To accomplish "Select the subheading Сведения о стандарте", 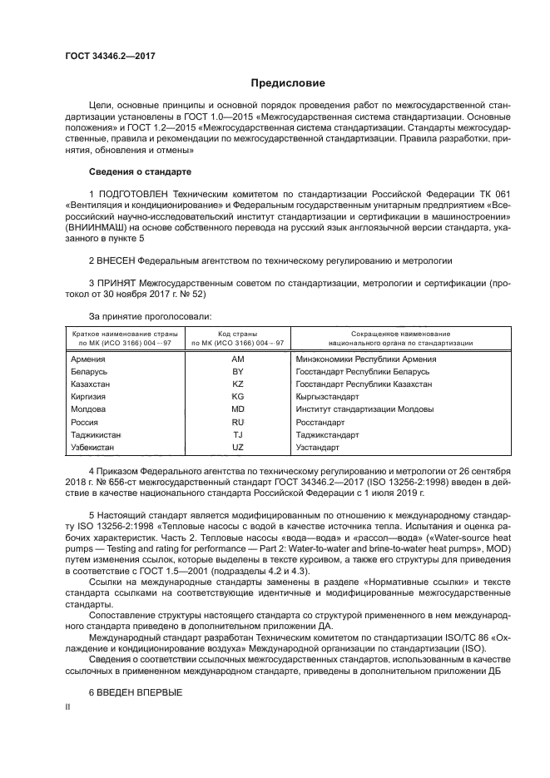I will [140, 171].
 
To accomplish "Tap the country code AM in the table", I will [237, 359].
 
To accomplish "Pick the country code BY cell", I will [237, 372].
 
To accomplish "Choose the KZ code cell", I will [237, 384].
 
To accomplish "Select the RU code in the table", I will [237, 422].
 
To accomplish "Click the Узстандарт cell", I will [317, 447].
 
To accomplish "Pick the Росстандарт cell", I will [320, 422].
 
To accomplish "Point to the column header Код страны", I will [237, 333].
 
